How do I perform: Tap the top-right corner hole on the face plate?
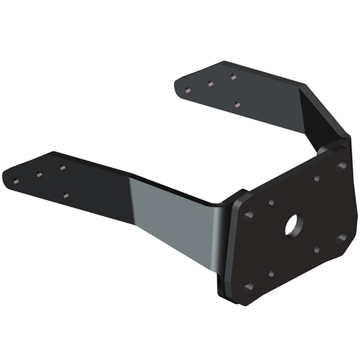340,165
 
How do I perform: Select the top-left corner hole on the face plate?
249,215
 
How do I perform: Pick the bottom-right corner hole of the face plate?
340,238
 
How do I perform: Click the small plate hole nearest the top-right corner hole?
317,178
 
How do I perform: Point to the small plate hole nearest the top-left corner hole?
271,202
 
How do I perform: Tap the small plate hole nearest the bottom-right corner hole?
316,250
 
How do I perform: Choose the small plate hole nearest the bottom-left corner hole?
271,274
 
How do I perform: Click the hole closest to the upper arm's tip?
187,91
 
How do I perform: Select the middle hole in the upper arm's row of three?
211,84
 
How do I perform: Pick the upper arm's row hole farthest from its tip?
233,77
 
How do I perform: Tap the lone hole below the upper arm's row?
237,105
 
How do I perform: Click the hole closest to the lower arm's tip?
16,181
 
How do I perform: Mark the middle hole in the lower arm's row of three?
39,175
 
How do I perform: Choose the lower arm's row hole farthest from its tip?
62,167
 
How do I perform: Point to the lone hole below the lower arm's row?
66,196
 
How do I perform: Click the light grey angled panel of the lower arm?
171,220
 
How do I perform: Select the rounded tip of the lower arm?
9,177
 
